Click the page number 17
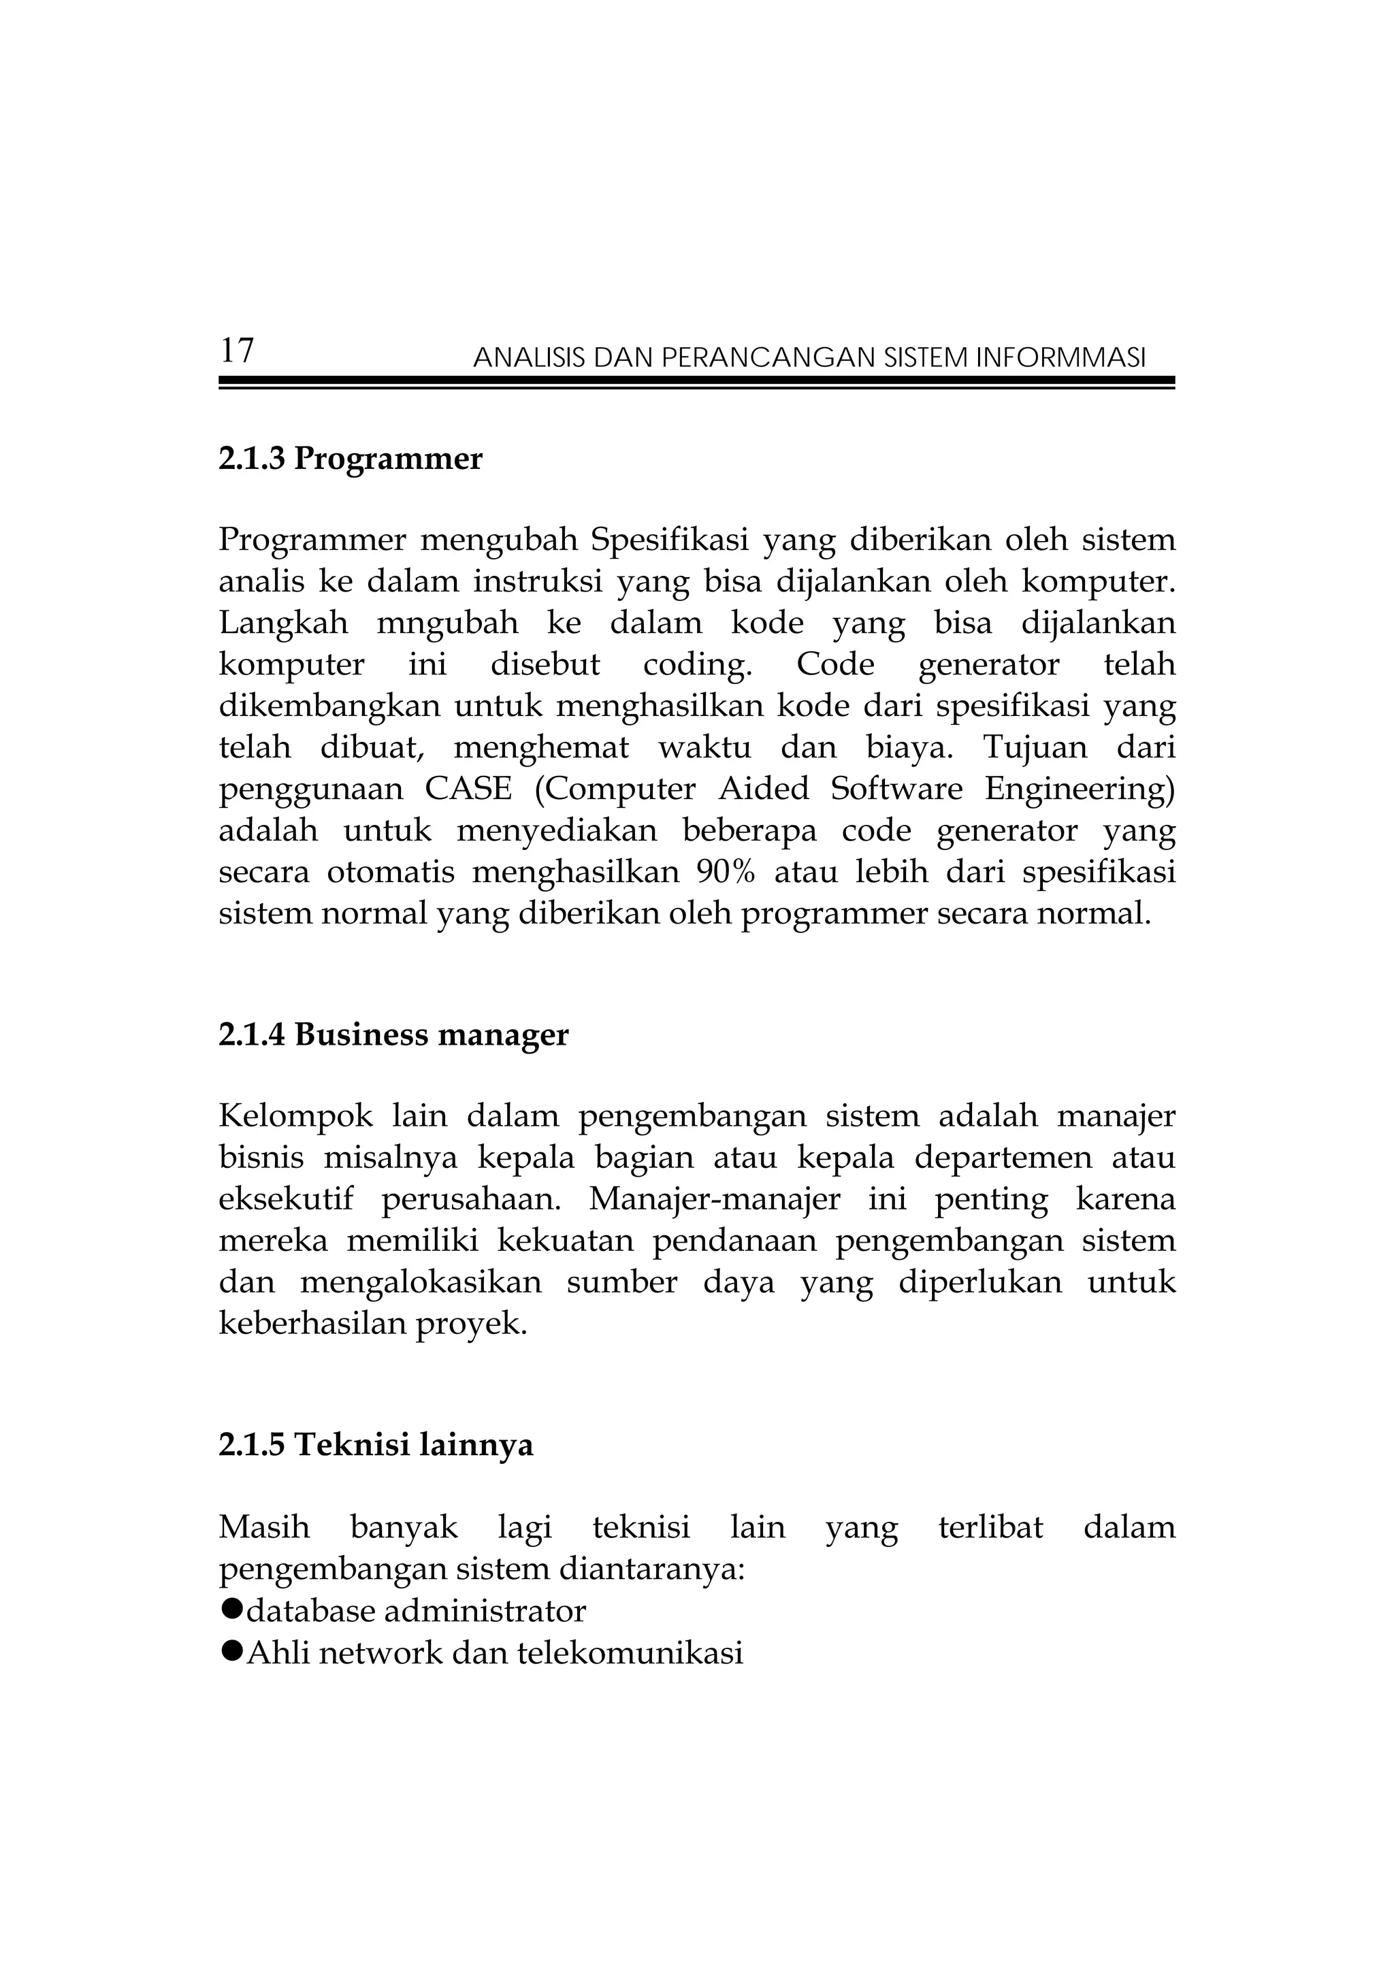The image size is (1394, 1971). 237,351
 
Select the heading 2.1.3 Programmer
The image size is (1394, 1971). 351,459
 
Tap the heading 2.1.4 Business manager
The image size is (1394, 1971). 393,1035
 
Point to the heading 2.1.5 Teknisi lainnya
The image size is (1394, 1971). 375,1445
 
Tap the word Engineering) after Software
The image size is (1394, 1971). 1079,789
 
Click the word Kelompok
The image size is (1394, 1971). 295,1117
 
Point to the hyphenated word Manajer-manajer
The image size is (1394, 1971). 714,1199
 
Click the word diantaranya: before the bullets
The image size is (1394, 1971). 651,1569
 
